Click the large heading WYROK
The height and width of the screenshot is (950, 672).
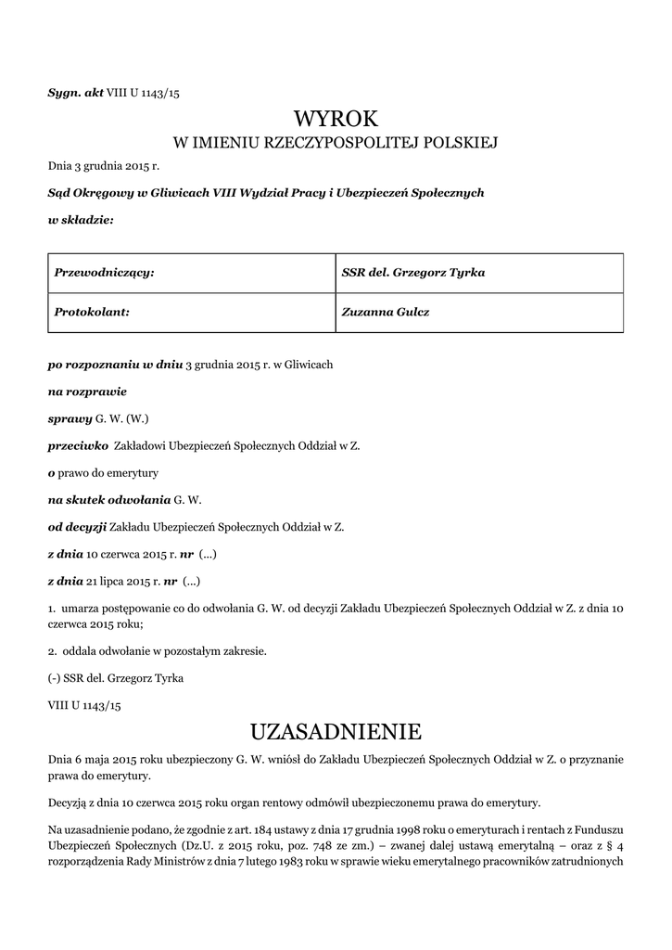tap(336, 119)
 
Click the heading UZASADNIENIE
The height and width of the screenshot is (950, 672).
tap(336, 732)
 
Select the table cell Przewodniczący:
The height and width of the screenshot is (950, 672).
tap(190, 273)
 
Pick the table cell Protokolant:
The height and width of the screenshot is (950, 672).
tap(190, 313)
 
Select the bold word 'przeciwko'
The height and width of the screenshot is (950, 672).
tap(79, 445)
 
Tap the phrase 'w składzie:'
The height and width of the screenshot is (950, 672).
tap(81, 220)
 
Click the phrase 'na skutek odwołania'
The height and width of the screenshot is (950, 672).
tap(102, 500)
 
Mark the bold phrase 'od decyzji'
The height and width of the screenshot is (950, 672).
tap(77, 527)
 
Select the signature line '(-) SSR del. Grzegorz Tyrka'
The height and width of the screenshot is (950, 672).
tap(116, 678)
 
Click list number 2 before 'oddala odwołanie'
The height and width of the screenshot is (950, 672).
tap(52, 650)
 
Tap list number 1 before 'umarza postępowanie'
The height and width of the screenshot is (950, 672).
tap(52, 608)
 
